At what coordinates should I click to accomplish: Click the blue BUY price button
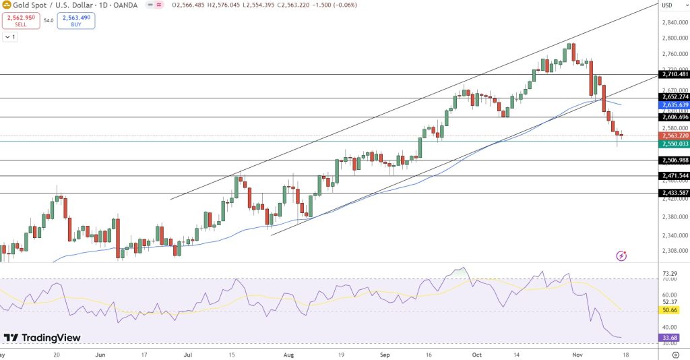(x=76, y=20)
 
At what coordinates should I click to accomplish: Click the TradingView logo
(x=42, y=338)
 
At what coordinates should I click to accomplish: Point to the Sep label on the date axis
(x=385, y=353)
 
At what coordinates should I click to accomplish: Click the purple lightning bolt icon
(x=621, y=256)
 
